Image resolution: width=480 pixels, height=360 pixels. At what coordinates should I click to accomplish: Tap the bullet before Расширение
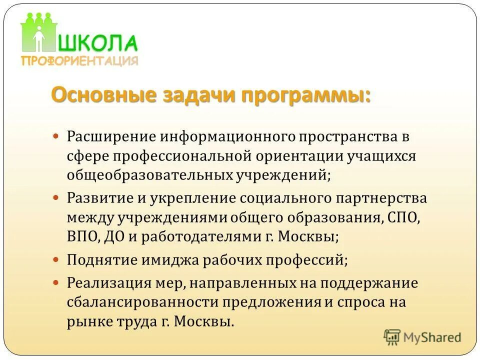click(x=56, y=135)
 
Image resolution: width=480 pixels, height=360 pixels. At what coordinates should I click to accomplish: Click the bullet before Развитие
click(x=56, y=197)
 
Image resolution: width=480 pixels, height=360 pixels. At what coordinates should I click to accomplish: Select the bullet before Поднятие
click(x=56, y=259)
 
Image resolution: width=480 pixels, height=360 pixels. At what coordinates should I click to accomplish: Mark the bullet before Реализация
click(x=56, y=282)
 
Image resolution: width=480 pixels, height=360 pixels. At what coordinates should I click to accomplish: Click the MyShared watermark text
click(x=432, y=337)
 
